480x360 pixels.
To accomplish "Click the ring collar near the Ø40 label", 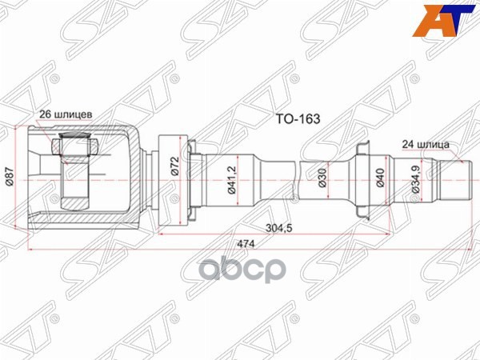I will click(361, 180).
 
